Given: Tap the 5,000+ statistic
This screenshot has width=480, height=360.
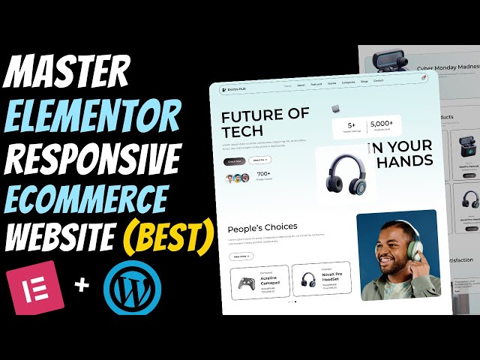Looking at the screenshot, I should tap(382, 124).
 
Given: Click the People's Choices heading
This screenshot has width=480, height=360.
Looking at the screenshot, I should tap(262, 226).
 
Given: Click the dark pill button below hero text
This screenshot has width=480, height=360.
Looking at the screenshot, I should tap(235, 160).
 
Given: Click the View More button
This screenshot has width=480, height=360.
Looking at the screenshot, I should tap(241, 256).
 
